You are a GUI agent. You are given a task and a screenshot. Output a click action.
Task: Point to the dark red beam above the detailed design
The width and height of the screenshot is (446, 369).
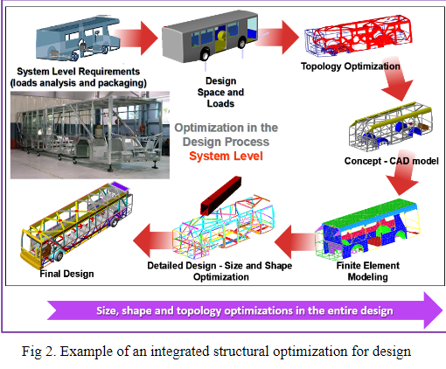225,193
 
